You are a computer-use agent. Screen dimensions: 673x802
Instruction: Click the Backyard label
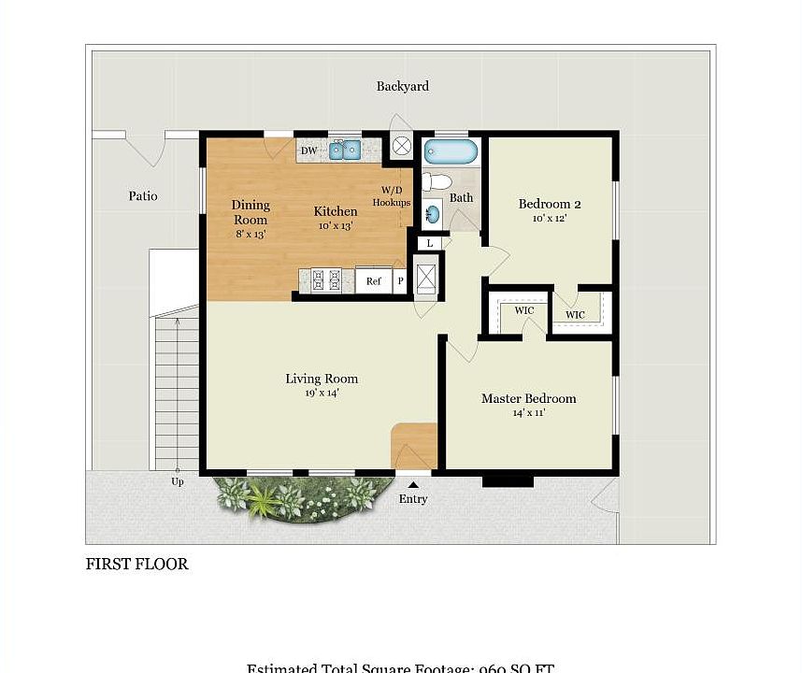(402, 86)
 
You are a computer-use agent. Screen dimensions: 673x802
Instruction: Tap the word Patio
(143, 196)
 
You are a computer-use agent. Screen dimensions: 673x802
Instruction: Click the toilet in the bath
(436, 181)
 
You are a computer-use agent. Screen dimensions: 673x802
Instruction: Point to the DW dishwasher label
(308, 150)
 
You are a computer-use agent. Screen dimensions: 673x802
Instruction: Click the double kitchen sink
(344, 150)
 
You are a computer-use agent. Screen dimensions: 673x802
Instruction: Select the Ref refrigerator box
(373, 280)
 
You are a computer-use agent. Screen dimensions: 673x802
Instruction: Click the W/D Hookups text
(392, 196)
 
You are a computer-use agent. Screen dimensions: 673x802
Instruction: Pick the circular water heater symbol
(402, 146)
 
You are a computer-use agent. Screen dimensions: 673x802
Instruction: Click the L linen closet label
(429, 243)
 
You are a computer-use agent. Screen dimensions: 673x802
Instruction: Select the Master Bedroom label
(528, 398)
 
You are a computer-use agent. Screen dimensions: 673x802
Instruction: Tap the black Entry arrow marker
(413, 483)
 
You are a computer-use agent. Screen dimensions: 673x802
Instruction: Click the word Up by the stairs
(177, 482)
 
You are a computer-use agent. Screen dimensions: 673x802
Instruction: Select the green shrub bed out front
(299, 499)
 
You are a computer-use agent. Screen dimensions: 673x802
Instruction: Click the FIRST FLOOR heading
(136, 564)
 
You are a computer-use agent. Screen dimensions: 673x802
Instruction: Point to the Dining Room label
(251, 212)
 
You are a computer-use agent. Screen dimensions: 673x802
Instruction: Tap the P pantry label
(400, 280)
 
